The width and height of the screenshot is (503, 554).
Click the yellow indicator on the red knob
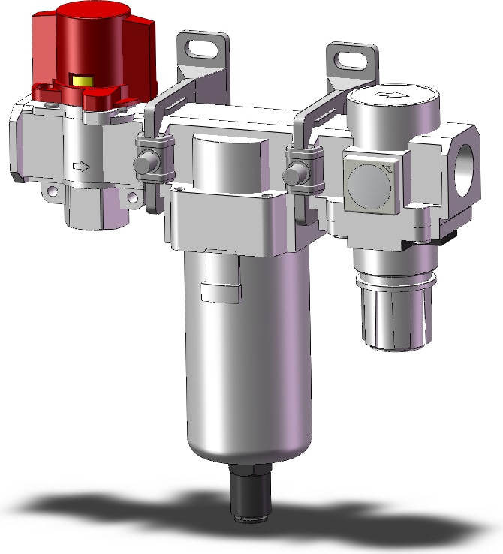[80, 80]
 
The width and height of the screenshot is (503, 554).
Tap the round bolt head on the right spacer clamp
[291, 175]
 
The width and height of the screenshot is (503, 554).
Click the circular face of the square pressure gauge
[374, 182]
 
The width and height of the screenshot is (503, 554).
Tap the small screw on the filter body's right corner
[270, 196]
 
